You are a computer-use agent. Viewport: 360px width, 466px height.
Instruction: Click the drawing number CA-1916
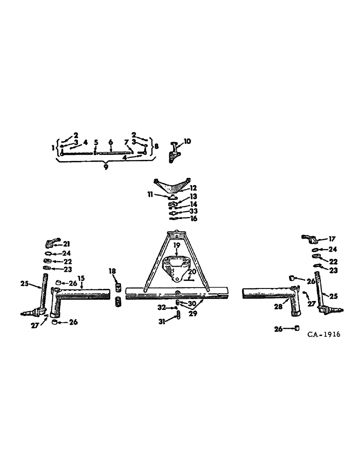point(324,334)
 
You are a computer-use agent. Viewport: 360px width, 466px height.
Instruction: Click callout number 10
point(187,141)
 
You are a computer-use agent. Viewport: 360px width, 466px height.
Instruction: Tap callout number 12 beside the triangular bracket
point(193,188)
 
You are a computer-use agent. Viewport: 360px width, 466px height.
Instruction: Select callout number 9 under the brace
point(106,167)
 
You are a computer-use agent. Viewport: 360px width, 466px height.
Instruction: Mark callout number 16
point(193,218)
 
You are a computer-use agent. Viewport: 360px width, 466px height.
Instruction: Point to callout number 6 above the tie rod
point(111,142)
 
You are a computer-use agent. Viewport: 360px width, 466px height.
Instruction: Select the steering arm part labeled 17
point(309,240)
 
